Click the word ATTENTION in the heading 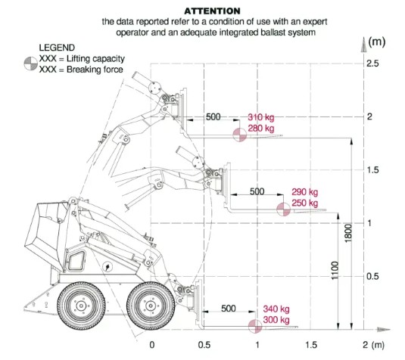[x=212, y=11]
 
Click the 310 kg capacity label [x=261, y=117]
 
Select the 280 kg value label [x=261, y=128]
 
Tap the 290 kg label [x=305, y=192]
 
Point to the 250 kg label [x=305, y=203]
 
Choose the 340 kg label [x=276, y=309]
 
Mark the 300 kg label [x=276, y=320]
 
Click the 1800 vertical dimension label [x=348, y=233]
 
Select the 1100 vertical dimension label [x=335, y=270]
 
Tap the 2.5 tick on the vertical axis [x=372, y=64]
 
